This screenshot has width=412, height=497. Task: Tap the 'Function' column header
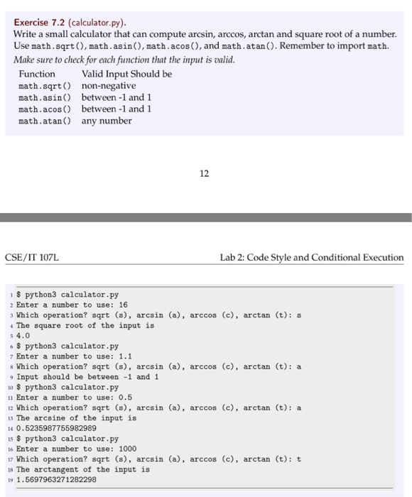point(37,74)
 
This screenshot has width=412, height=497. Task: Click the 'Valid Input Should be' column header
point(126,74)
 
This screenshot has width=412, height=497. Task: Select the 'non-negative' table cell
point(109,86)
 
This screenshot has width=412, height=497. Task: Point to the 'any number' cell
point(107,121)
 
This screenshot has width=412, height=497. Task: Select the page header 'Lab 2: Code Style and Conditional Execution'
point(311,258)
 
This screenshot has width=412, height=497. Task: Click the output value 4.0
point(23,336)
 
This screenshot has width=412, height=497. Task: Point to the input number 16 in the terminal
point(123,305)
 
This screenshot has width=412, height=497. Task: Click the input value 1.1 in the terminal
point(125,356)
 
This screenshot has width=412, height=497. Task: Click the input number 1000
point(128,449)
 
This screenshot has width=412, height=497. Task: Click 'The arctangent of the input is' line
point(83,469)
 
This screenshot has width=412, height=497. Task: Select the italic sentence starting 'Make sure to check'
point(124,59)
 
